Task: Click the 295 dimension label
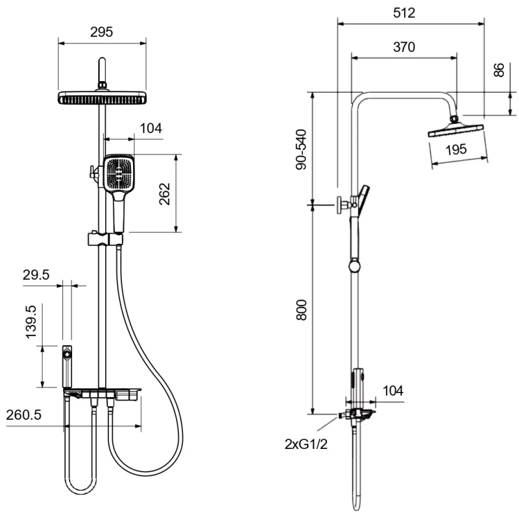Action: pos(102,32)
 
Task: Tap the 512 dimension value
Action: pos(404,13)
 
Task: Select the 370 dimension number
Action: pos(404,47)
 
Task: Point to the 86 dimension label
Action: pos(499,70)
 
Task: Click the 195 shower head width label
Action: pos(456,150)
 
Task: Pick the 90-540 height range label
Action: pos(301,150)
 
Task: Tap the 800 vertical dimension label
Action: pos(301,310)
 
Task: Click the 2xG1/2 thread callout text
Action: pos(306,444)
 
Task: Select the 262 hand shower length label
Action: pos(165,194)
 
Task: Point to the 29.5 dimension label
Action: pos(36,274)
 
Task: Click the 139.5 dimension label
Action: pos(31,322)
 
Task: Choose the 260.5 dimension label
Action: pos(24,415)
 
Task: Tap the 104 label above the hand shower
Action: pos(151,128)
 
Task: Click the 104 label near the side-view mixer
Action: pos(393,391)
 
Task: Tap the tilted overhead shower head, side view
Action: pos(456,130)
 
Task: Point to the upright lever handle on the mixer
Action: pos(67,367)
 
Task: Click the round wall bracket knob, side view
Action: pos(340,205)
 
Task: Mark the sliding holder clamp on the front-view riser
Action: pos(105,239)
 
